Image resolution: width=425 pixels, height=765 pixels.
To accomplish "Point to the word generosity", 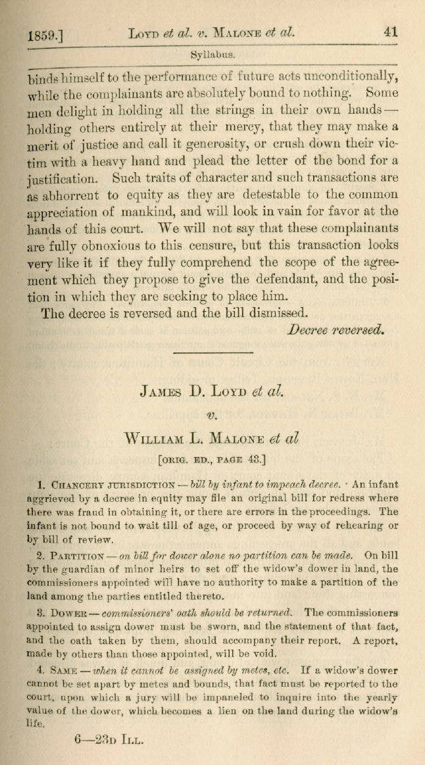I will tap(254, 143).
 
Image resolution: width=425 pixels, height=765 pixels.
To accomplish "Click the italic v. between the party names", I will tap(212, 415).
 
